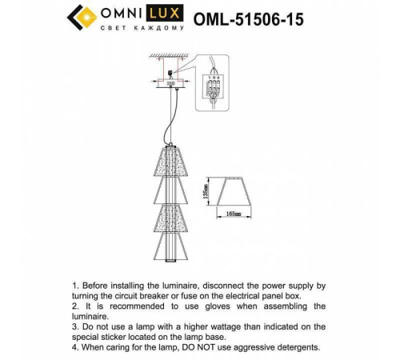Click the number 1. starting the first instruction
click(x=76, y=285)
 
